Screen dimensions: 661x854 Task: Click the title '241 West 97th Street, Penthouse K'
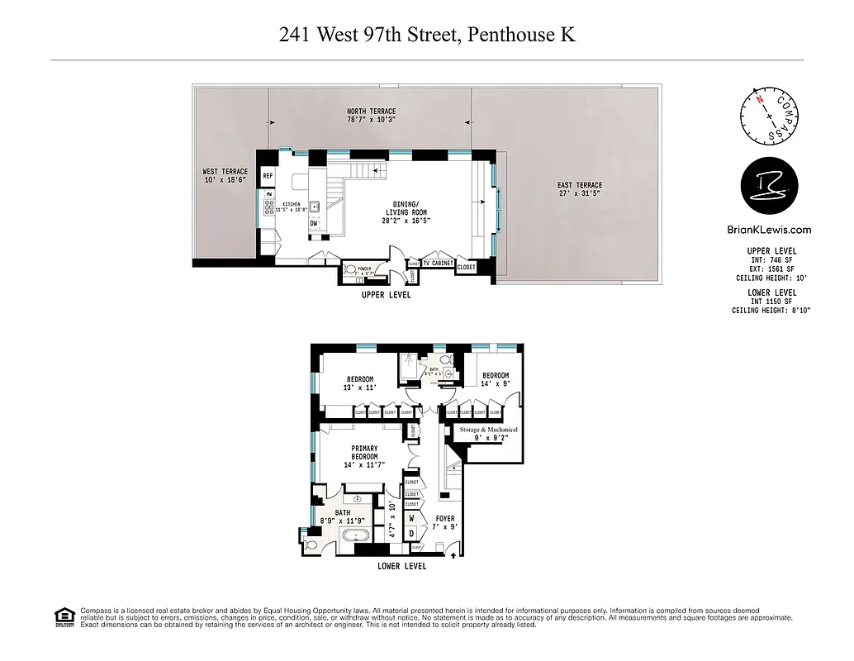(427, 35)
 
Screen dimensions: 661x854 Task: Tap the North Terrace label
(371, 116)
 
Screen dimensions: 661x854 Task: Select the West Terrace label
(225, 176)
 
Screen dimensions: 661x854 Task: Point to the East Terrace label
(580, 189)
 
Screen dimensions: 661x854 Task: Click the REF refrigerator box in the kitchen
(268, 176)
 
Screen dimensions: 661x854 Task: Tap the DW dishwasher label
(314, 223)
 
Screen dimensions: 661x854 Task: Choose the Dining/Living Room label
(410, 212)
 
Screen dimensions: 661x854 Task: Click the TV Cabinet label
(438, 264)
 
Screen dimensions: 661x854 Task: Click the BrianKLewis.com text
(766, 231)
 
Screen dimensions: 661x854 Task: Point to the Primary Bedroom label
(364, 457)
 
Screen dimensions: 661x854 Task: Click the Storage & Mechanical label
(489, 434)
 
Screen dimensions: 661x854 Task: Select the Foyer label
(446, 523)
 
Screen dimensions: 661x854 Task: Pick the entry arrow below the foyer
(453, 558)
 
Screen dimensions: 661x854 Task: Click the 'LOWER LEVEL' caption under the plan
(402, 566)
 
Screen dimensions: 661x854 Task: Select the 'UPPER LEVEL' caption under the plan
(386, 295)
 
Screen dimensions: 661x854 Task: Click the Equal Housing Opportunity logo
(62, 616)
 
